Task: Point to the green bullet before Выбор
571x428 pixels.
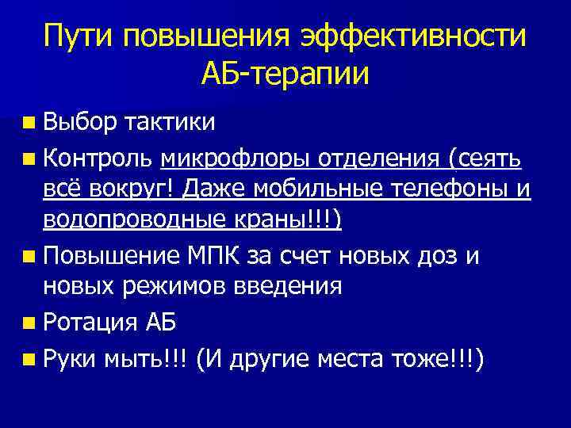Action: pyautogui.click(x=29, y=124)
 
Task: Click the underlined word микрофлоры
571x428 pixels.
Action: pyautogui.click(x=236, y=159)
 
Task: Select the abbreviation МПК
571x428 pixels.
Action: pyautogui.click(x=222, y=255)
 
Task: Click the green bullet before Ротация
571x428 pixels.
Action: pyautogui.click(x=29, y=323)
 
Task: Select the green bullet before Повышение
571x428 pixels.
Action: pyautogui.click(x=29, y=256)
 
